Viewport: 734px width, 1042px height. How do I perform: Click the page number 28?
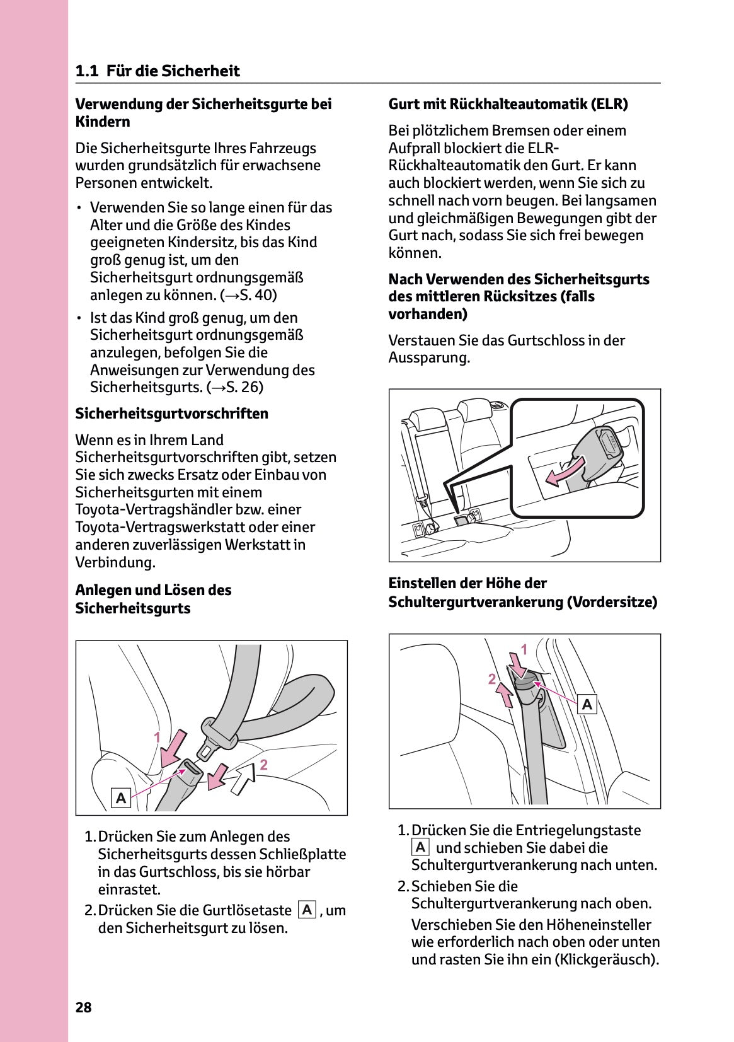pyautogui.click(x=84, y=1007)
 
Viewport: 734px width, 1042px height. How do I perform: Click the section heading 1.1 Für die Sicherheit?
pyautogui.click(x=158, y=71)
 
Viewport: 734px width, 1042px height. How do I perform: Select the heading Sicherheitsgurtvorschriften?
pyautogui.click(x=171, y=414)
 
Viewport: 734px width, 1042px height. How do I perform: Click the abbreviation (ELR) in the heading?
pyautogui.click(x=609, y=104)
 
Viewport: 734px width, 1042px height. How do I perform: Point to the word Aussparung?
pyautogui.click(x=428, y=358)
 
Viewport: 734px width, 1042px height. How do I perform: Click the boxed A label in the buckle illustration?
pyautogui.click(x=121, y=798)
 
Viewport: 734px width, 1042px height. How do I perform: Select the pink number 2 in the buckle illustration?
pyautogui.click(x=264, y=765)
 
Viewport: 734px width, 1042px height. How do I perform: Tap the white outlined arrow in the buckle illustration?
pyautogui.click(x=243, y=780)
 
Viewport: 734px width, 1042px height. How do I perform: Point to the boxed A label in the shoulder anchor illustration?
pyautogui.click(x=587, y=704)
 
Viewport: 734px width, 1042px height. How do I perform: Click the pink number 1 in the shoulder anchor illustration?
pyautogui.click(x=524, y=648)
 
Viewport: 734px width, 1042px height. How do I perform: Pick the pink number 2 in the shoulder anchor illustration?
pyautogui.click(x=492, y=679)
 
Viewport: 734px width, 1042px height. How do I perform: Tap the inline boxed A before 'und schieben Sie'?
pyautogui.click(x=420, y=848)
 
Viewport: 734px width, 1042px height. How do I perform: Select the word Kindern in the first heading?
pyautogui.click(x=103, y=122)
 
